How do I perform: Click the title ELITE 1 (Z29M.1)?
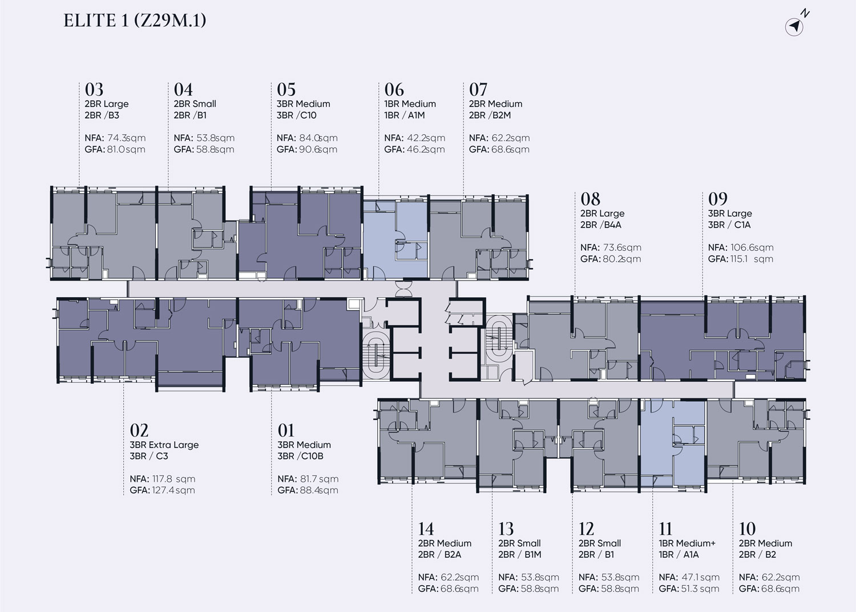point(135,21)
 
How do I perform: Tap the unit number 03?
point(94,90)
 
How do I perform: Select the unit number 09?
point(718,199)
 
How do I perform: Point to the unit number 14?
point(426,529)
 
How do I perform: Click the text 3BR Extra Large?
point(164,445)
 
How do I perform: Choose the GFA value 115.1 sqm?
point(752,259)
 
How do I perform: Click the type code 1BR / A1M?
point(404,115)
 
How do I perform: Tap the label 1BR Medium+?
point(687,543)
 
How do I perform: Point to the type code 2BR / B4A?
point(601,225)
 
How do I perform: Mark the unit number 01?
point(286,431)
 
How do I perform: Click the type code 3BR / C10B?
point(300,456)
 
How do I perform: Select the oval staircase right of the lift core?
point(498,337)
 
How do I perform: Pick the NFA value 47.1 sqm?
point(700,577)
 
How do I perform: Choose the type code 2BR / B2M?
point(490,115)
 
